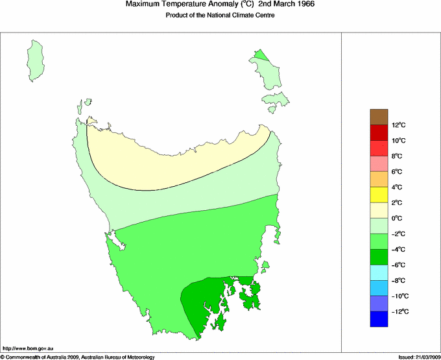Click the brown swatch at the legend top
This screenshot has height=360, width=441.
pyautogui.click(x=379, y=117)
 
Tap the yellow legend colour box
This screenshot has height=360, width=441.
pyautogui.click(x=379, y=195)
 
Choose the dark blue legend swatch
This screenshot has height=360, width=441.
pyautogui.click(x=379, y=319)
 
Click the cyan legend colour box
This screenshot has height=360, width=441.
pyautogui.click(x=379, y=272)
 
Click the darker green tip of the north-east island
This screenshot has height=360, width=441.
pyautogui.click(x=261, y=54)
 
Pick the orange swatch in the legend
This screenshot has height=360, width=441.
pyautogui.click(x=379, y=179)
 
